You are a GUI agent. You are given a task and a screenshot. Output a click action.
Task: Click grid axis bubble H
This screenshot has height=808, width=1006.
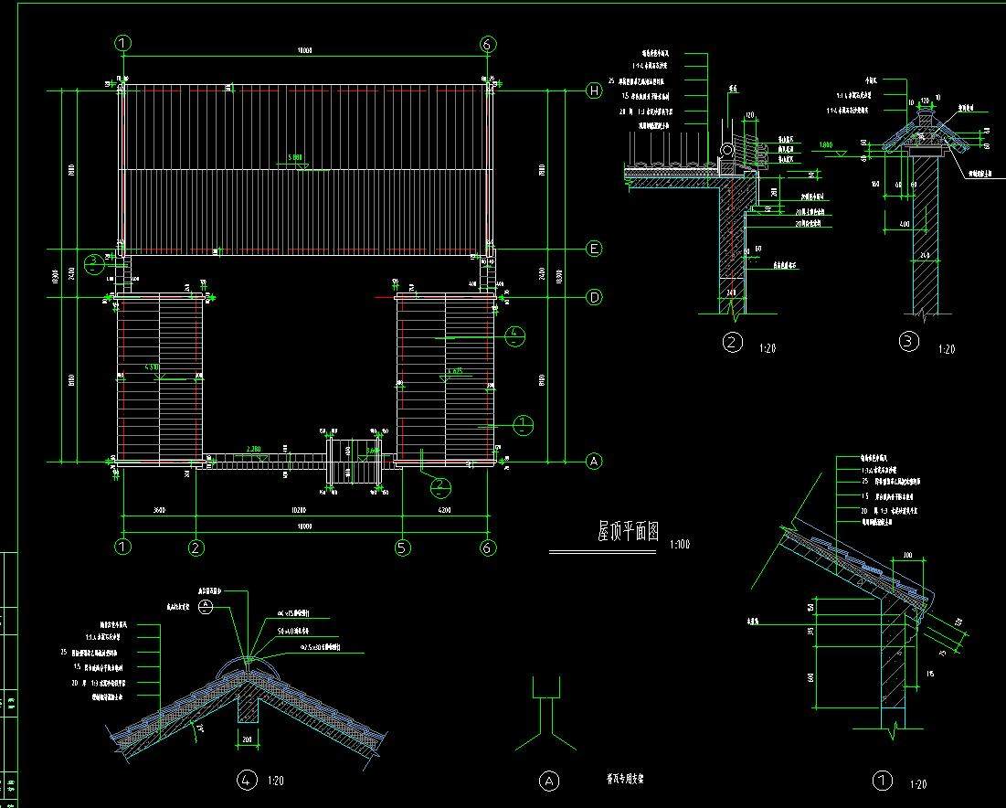point(595,90)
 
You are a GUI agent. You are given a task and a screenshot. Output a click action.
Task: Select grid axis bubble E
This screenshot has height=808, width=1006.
point(595,249)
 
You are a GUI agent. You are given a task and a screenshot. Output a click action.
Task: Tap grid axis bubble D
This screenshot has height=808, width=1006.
point(595,298)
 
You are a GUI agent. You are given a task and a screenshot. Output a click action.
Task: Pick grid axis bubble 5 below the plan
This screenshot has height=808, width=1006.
point(402,548)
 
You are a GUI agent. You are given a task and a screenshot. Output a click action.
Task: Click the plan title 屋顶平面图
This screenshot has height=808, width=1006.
point(628,533)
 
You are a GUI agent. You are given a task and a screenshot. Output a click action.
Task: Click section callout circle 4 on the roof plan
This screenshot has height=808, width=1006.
point(515,334)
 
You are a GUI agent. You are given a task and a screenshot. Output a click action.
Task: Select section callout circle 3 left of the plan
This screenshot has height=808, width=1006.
point(94,263)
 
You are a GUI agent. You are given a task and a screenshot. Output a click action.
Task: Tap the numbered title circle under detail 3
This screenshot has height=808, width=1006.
point(908,342)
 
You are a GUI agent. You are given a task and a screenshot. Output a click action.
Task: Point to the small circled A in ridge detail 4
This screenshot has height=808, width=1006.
point(206,606)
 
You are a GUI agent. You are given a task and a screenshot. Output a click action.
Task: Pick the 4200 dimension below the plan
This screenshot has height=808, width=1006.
point(444,510)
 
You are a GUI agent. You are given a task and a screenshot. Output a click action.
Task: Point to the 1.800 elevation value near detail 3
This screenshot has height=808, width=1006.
point(825,144)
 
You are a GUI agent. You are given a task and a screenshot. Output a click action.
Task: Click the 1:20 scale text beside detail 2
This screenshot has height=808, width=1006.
point(768,348)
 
